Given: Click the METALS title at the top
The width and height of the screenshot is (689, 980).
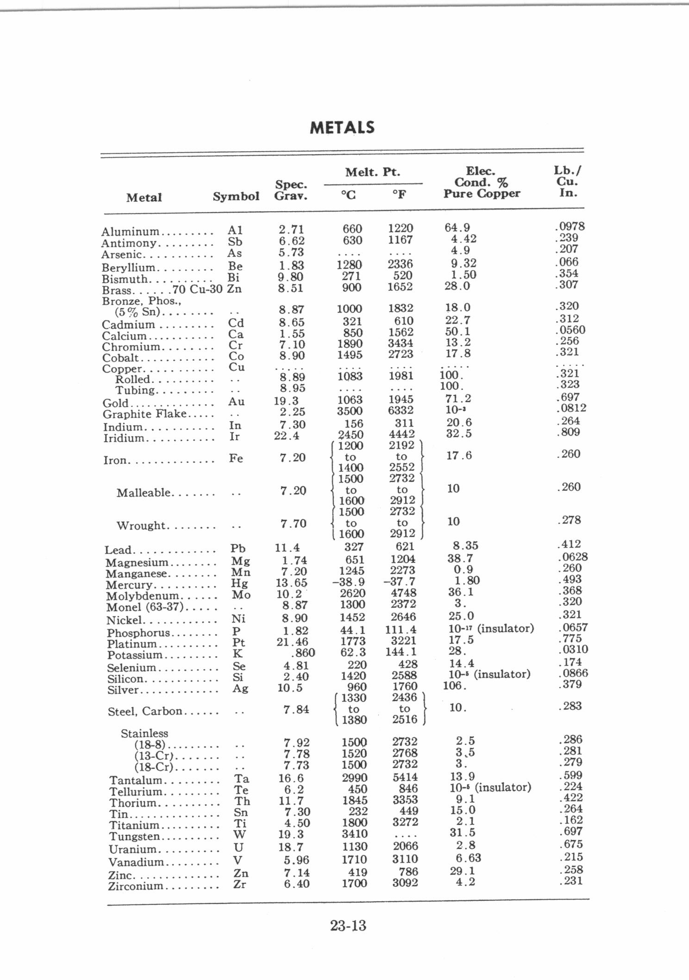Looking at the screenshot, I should pos(342,127).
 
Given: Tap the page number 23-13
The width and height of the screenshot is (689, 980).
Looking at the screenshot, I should pos(348,925).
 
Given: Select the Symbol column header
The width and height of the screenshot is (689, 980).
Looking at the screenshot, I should pos(236,196).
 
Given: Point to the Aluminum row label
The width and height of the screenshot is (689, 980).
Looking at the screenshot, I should pos(130,231).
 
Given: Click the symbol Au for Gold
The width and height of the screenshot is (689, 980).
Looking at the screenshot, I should pos(236,401).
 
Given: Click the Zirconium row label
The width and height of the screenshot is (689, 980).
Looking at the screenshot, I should pos(136,886).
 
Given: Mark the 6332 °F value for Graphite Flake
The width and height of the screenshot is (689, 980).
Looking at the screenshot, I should pos(401,411).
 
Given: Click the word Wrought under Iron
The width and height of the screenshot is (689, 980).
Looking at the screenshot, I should pos(141,525).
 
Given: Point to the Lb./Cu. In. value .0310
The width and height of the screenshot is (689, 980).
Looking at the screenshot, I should pos(573,650).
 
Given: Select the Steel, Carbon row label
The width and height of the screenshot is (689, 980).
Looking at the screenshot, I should pos(145,711).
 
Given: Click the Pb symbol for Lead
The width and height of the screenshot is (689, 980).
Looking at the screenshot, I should pos(238,549).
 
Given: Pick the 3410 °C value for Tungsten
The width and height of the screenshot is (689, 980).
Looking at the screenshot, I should pos(354,835).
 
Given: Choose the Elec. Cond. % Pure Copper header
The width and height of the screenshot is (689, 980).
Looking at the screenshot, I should pos(482,183).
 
